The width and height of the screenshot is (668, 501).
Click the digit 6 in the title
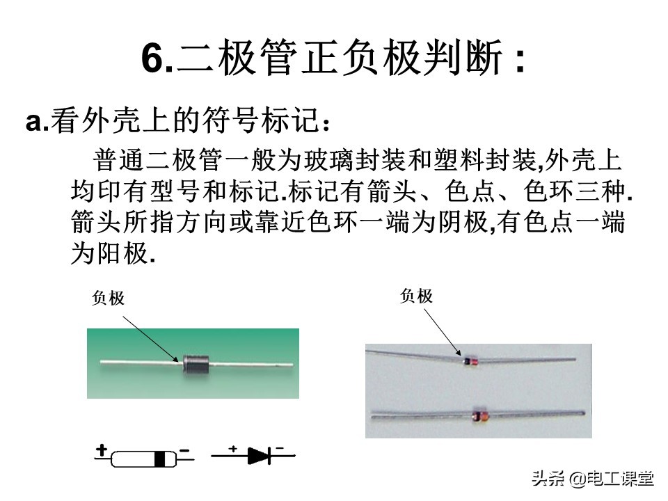tap(152, 58)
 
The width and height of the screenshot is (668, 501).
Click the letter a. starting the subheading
tap(38, 122)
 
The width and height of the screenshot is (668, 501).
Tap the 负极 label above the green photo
tap(109, 299)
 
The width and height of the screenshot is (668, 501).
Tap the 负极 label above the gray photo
tap(416, 296)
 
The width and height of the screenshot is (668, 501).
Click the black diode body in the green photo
tap(196, 364)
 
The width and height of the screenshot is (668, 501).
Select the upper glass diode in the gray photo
tap(471, 361)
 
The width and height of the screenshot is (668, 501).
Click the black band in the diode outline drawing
tap(160, 459)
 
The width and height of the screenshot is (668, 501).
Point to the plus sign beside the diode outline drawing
tap(102, 450)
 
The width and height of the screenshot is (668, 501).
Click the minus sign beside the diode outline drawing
tap(184, 450)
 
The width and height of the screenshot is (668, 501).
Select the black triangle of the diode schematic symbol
tap(257, 456)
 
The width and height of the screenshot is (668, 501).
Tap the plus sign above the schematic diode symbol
tap(232, 448)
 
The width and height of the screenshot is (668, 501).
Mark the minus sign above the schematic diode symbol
tap(280, 448)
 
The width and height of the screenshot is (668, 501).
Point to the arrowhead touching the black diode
tap(175, 359)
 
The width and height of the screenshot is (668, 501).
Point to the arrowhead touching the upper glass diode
tap(458, 352)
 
